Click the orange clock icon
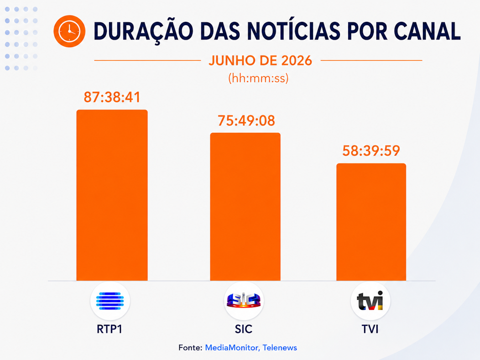point(69,31)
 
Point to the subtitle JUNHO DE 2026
point(260,61)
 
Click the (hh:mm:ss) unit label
point(258,78)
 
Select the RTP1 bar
point(112,195)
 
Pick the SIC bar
point(245,207)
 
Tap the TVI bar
point(371,222)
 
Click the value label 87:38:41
point(112,97)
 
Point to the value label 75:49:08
point(246,120)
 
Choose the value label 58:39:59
point(371,151)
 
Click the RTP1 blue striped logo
point(110,301)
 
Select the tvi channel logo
point(370,301)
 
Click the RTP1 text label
point(110,329)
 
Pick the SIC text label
point(244,329)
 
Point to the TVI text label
point(370,329)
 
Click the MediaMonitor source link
point(232,348)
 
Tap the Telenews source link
point(280,348)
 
